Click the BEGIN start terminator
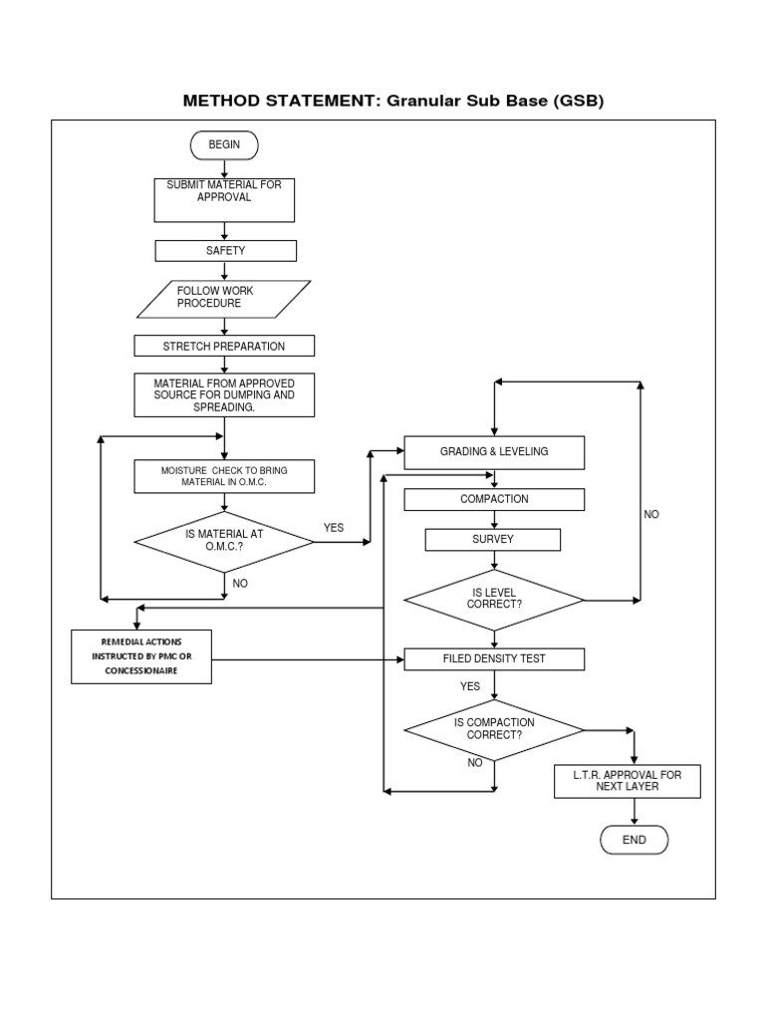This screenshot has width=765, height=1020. click(224, 145)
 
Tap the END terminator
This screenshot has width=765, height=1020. click(634, 840)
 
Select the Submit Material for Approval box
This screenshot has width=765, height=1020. click(224, 199)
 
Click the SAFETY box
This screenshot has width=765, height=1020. click(225, 251)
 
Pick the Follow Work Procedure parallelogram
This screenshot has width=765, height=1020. click(223, 298)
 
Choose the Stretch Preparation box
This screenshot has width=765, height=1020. click(224, 346)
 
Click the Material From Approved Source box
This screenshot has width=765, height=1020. click(224, 394)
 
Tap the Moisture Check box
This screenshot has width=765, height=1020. click(224, 476)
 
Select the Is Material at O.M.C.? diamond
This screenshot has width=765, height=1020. click(223, 542)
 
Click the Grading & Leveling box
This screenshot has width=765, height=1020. click(494, 452)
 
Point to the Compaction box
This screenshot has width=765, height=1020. click(494, 499)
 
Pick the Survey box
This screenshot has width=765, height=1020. click(493, 540)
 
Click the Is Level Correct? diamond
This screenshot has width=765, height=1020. click(494, 601)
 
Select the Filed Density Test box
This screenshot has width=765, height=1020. click(494, 658)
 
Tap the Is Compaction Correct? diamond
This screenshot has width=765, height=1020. click(494, 729)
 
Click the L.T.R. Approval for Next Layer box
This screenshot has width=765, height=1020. click(627, 781)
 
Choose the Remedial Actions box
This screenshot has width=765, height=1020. click(141, 656)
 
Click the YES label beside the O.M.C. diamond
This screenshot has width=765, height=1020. click(334, 528)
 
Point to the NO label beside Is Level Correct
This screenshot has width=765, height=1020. click(651, 515)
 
